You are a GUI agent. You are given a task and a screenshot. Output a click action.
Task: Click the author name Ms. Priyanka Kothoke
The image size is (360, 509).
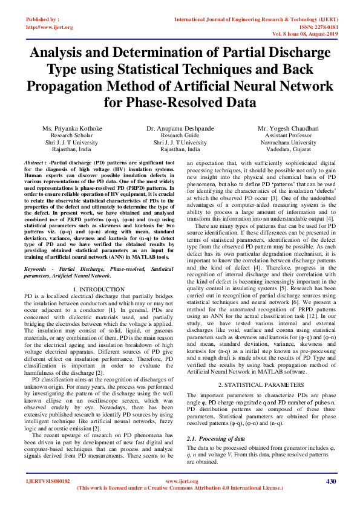tap(71, 129)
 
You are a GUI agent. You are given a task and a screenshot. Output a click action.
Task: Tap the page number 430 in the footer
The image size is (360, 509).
tap(330, 481)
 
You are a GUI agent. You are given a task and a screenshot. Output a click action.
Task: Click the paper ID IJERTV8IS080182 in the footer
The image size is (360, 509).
tap(48, 482)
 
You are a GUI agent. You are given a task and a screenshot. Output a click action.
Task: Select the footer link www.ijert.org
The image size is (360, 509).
tap(180, 481)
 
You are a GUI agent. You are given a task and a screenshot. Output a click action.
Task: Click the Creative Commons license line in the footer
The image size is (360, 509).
tap(180, 488)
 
